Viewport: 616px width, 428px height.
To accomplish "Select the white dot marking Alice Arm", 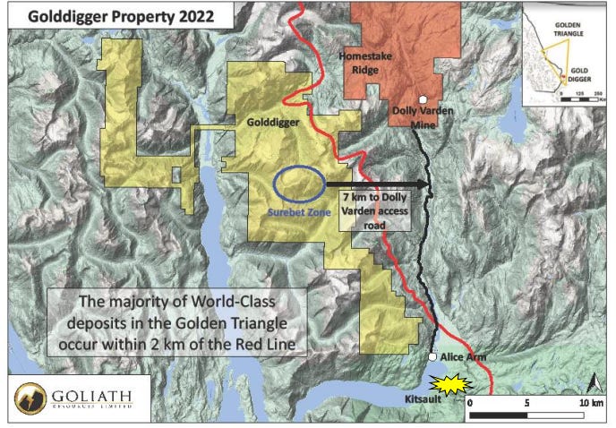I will [432, 357].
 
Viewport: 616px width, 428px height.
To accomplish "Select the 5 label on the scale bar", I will [527, 404].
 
